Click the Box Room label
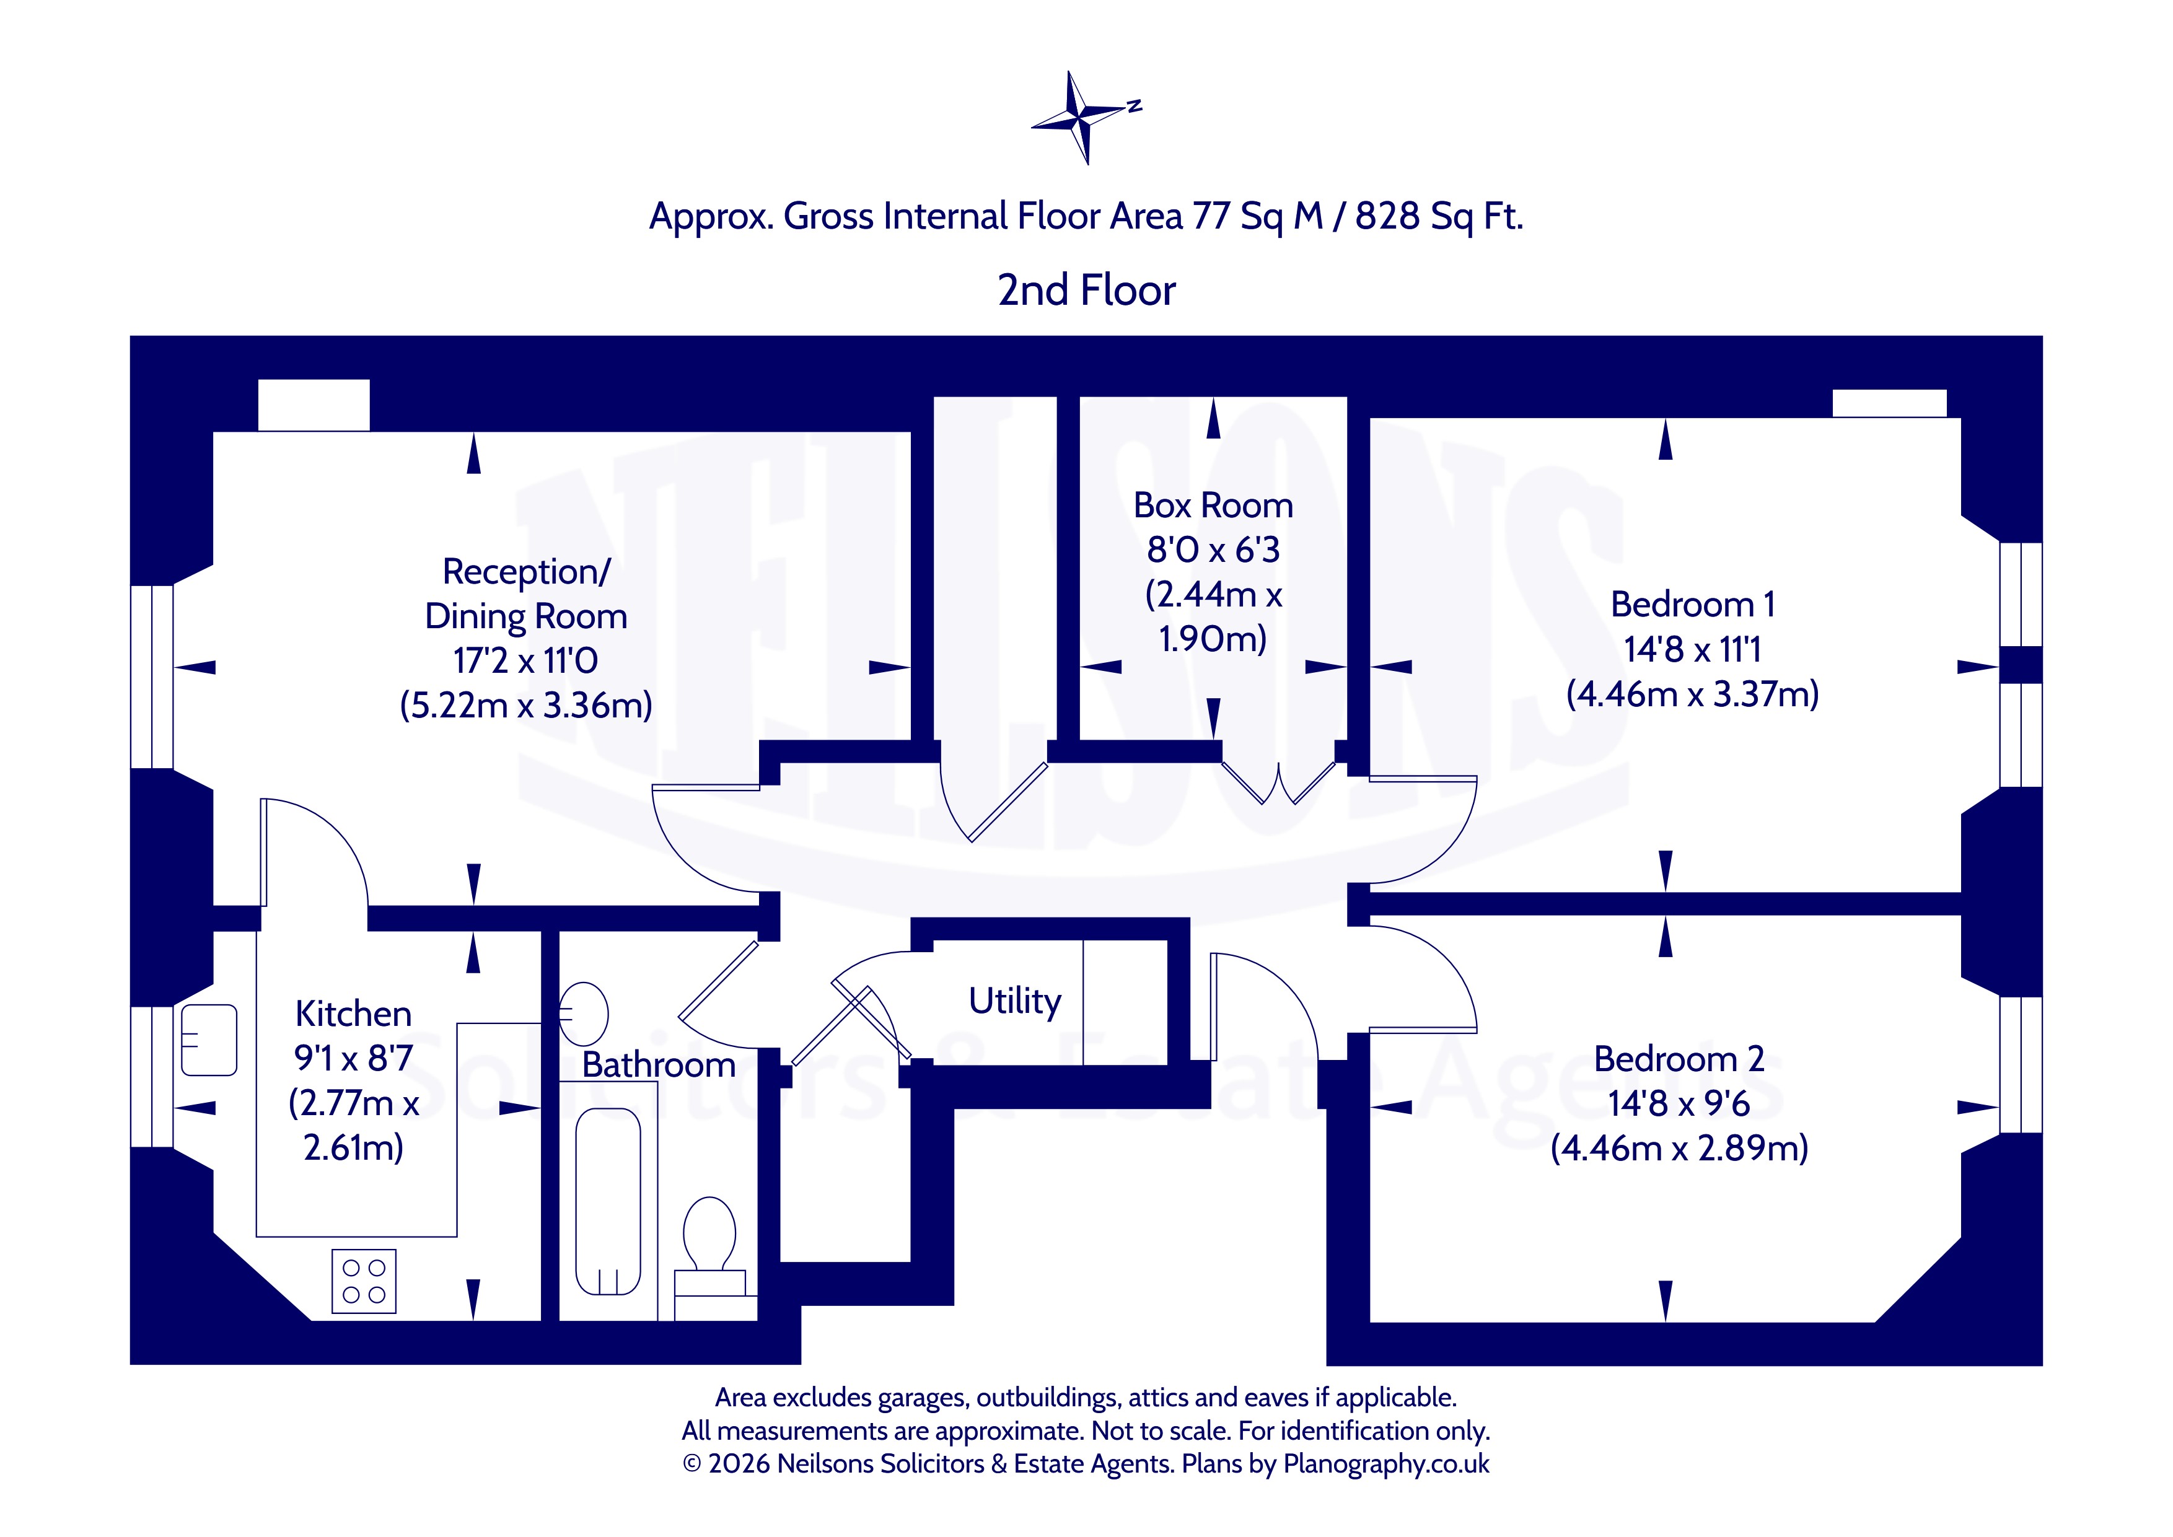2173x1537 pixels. coord(1213,506)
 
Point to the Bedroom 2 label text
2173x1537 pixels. coord(1679,1058)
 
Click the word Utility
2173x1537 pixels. coord(1014,1001)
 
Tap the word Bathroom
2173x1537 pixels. coord(659,1065)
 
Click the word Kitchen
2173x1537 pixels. coord(353,1014)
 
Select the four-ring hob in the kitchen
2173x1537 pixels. coord(364,1282)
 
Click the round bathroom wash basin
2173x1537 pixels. coord(583,1013)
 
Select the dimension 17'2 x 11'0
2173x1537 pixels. coord(525,660)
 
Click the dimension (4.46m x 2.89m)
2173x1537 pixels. coord(1679,1148)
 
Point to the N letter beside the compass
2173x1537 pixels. coord(1135,106)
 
